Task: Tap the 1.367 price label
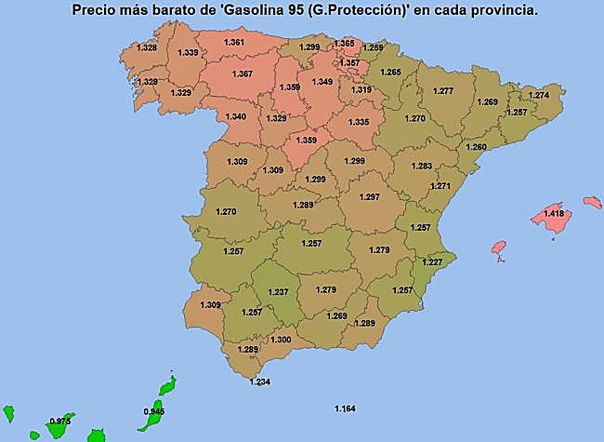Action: pyautogui.click(x=243, y=74)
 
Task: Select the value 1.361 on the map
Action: pyautogui.click(x=235, y=43)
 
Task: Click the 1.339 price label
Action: pyautogui.click(x=187, y=53)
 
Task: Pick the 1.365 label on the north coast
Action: pyautogui.click(x=344, y=43)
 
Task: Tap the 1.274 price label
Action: pyautogui.click(x=538, y=95)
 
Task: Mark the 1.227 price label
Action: pyautogui.click(x=432, y=262)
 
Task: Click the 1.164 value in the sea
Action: pyautogui.click(x=345, y=409)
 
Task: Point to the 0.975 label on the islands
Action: pyautogui.click(x=60, y=421)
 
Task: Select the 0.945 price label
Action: pyautogui.click(x=154, y=410)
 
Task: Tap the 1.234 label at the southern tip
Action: pyautogui.click(x=260, y=382)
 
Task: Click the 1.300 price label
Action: pyautogui.click(x=281, y=340)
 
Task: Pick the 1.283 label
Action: pyautogui.click(x=421, y=166)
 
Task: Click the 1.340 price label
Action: pyautogui.click(x=236, y=116)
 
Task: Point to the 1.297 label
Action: pyautogui.click(x=370, y=197)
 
